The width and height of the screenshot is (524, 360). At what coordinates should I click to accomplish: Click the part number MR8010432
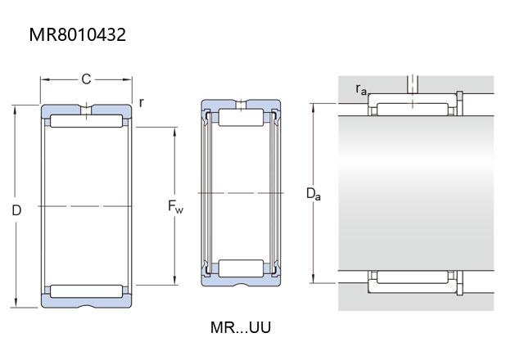pyautogui.click(x=78, y=34)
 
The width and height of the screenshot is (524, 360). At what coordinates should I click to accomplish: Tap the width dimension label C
pyautogui.click(x=86, y=79)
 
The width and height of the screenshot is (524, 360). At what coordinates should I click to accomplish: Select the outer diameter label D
pyautogui.click(x=16, y=210)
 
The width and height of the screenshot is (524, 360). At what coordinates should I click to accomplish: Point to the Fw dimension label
pyautogui.click(x=175, y=206)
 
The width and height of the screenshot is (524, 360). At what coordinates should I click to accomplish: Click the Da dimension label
pyautogui.click(x=314, y=194)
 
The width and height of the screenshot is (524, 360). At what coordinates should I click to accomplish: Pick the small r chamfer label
pyautogui.click(x=142, y=102)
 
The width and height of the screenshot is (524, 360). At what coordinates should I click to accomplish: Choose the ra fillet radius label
pyautogui.click(x=361, y=89)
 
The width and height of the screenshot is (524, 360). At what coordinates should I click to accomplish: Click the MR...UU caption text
pyautogui.click(x=241, y=327)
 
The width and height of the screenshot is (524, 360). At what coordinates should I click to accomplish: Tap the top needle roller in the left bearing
pyautogui.click(x=86, y=121)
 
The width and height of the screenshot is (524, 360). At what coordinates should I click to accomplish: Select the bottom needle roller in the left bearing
pyautogui.click(x=86, y=291)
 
